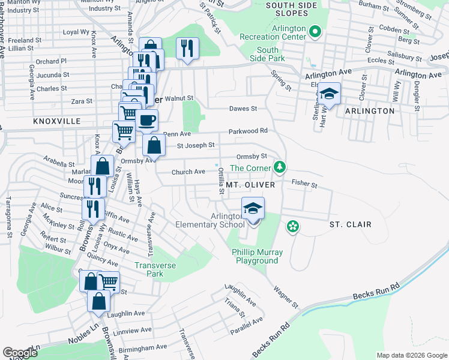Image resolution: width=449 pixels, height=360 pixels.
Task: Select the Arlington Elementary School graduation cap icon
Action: [253, 208]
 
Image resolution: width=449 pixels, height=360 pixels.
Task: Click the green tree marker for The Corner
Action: [279, 166]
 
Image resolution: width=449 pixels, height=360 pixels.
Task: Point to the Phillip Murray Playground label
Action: [256, 256]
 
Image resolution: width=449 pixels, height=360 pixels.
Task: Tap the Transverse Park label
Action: [149, 269]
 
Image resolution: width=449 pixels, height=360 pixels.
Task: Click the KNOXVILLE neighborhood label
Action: [57, 121]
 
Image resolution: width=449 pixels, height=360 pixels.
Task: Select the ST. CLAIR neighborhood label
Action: [351, 224]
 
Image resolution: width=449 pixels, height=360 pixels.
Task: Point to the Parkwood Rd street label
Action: [247, 131]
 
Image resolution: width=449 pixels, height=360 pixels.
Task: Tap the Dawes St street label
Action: [243, 109]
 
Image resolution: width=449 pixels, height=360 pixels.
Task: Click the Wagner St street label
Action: [286, 297]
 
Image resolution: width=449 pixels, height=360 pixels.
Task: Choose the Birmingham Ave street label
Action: [145, 347]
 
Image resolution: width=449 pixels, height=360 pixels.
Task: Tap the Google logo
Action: [20, 353]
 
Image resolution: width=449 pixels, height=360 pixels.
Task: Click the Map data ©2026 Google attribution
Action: [411, 355]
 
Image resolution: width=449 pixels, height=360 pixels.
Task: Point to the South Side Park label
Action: [268, 54]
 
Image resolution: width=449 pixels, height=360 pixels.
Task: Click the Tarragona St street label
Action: [9, 217]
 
